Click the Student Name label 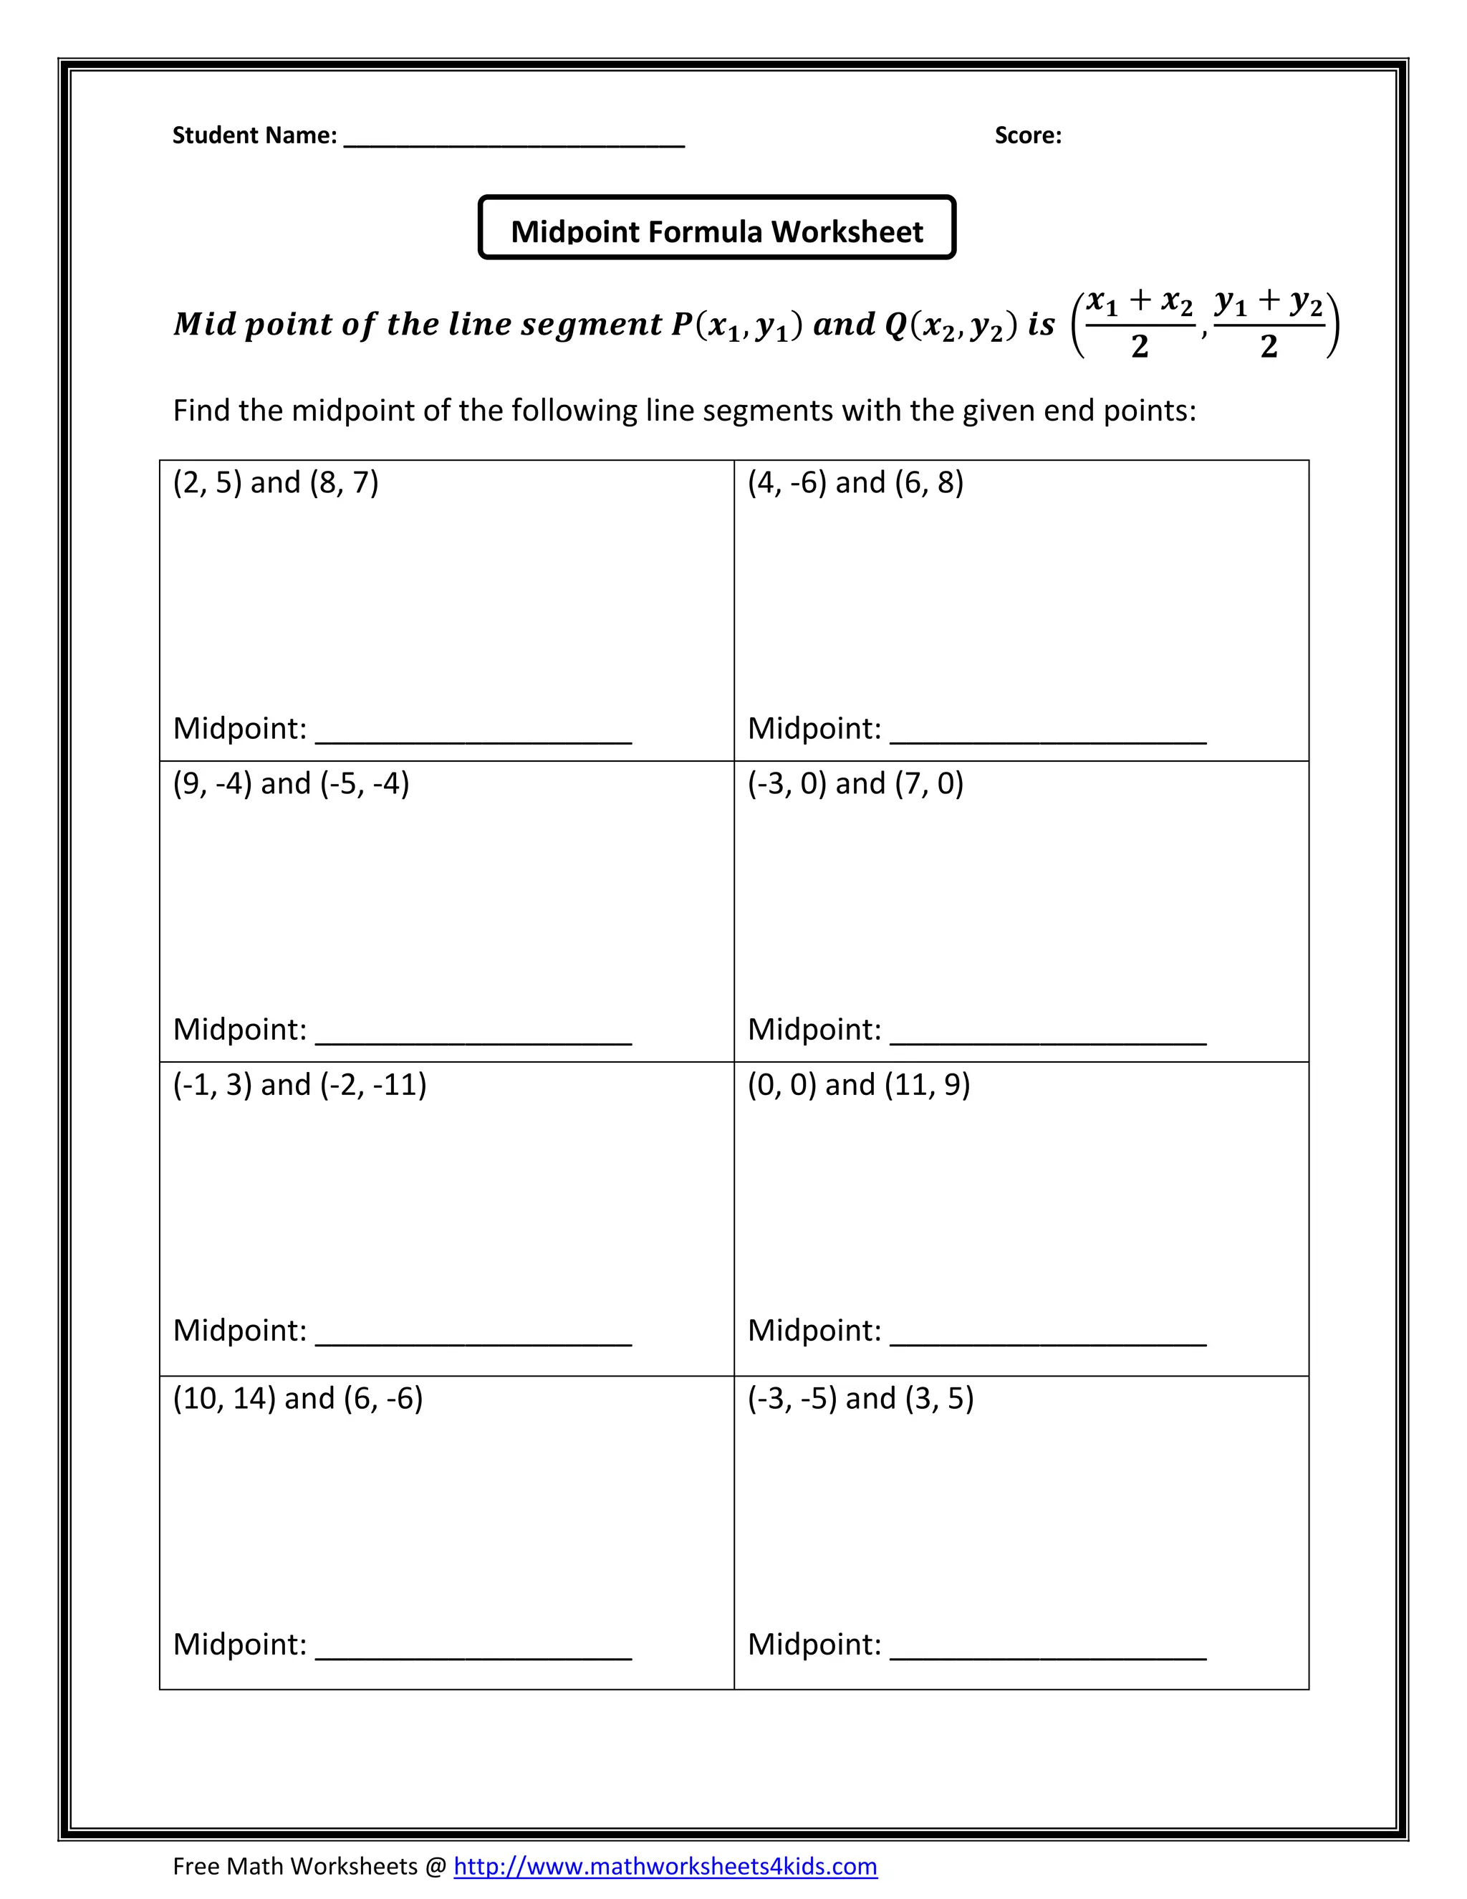pyautogui.click(x=254, y=135)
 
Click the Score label pyautogui.click(x=1027, y=135)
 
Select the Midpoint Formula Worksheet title pyautogui.click(x=716, y=231)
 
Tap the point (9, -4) pyautogui.click(x=212, y=783)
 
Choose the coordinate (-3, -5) pyautogui.click(x=792, y=1398)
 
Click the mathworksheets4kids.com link pyautogui.click(x=665, y=1866)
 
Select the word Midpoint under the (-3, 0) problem pyautogui.click(x=814, y=1030)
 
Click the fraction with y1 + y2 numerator pyautogui.click(x=1268, y=325)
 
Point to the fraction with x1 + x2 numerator pyautogui.click(x=1140, y=325)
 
